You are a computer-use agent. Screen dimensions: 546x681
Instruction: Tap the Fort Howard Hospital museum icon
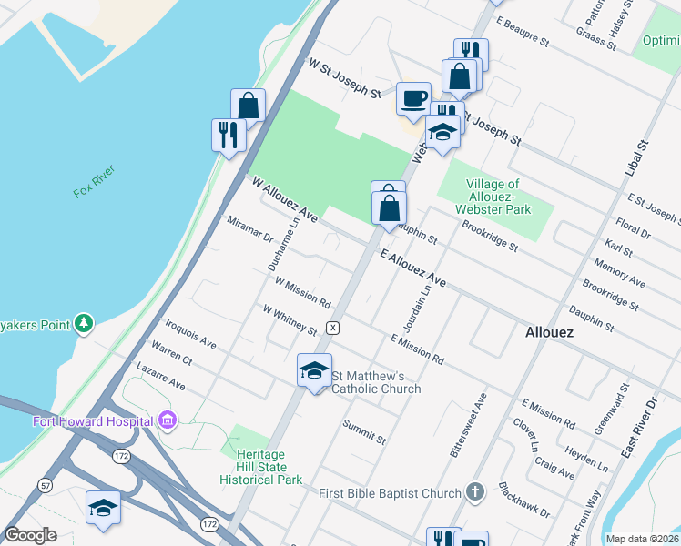[167, 420]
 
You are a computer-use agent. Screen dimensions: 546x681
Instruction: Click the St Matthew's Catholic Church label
[375, 382]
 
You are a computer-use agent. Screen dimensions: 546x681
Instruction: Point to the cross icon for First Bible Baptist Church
[473, 493]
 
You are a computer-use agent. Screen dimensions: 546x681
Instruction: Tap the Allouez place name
[550, 333]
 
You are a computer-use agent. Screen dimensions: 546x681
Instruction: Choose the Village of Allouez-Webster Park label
[496, 197]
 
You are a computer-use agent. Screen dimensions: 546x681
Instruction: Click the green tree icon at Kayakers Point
[84, 323]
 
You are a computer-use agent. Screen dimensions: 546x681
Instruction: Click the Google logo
[29, 535]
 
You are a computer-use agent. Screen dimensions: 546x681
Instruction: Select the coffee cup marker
[413, 97]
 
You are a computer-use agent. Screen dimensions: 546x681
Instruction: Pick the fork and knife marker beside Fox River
[228, 135]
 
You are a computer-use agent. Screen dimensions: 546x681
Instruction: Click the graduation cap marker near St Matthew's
[314, 369]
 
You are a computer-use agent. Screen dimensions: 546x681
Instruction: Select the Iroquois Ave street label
[190, 334]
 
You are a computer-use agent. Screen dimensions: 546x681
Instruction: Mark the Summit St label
[364, 432]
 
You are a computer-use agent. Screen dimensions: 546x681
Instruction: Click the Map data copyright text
[642, 539]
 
